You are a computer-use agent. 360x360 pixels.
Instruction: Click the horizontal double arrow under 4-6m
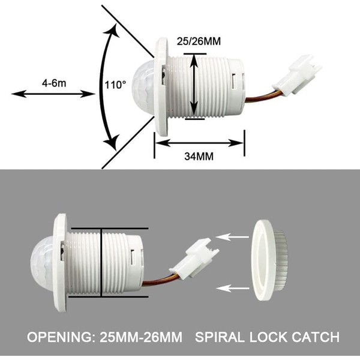53,94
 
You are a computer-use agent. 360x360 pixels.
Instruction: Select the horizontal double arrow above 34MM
199,142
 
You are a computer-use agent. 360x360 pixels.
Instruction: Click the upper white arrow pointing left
232,236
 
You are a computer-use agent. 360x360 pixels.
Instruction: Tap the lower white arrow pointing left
232,289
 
